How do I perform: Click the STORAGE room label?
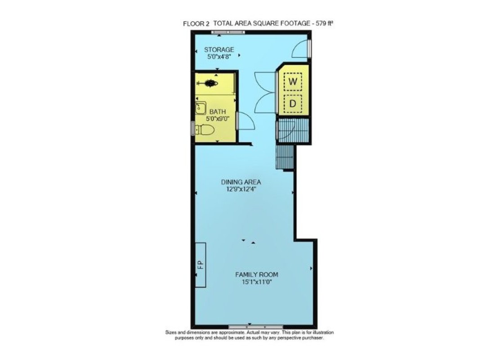219,49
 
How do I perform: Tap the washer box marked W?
293,81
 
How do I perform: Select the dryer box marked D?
293,103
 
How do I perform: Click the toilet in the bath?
205,130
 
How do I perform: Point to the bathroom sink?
201,108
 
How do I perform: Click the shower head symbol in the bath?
207,83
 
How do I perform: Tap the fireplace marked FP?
201,265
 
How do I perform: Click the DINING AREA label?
241,182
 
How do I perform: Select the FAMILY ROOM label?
257,274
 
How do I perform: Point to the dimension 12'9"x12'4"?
241,189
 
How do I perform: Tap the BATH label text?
218,112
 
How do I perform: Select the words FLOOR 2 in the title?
196,23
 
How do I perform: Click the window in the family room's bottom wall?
256,327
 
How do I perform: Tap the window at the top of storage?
228,32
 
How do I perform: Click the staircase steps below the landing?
285,157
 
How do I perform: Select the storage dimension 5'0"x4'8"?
219,57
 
